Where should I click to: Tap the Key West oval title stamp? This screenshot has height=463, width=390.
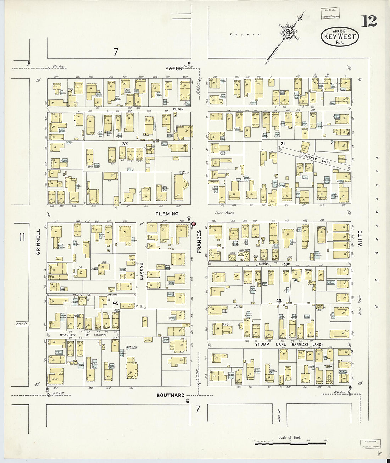pos(340,37)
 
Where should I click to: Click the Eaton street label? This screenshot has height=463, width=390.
pos(174,68)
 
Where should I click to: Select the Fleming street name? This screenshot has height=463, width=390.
pos(167,214)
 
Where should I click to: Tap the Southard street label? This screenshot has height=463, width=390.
pos(171,395)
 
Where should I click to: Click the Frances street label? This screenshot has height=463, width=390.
pos(199,242)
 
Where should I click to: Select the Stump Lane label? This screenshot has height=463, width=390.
pos(262,344)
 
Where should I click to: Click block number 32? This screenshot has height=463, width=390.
pos(125,144)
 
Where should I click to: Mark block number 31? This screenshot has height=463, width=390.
pos(283,144)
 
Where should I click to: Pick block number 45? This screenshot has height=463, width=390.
pos(116,303)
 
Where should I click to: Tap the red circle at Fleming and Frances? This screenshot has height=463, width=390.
pos(194,224)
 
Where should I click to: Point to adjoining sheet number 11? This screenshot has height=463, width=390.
pos(22,237)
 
